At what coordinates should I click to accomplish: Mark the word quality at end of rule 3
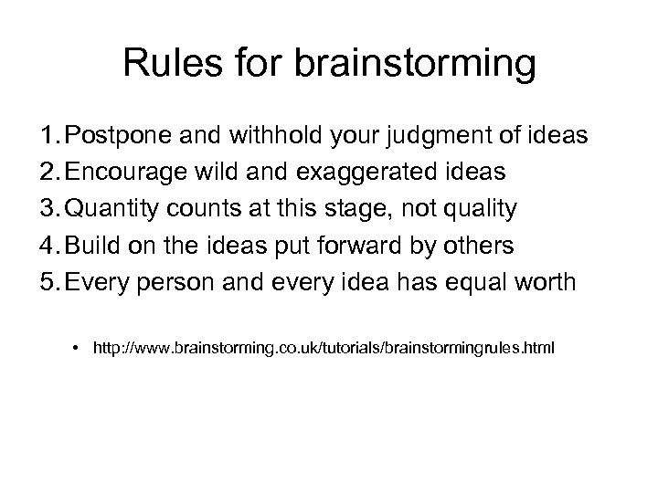[x=481, y=210]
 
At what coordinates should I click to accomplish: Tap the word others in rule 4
[x=481, y=246]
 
